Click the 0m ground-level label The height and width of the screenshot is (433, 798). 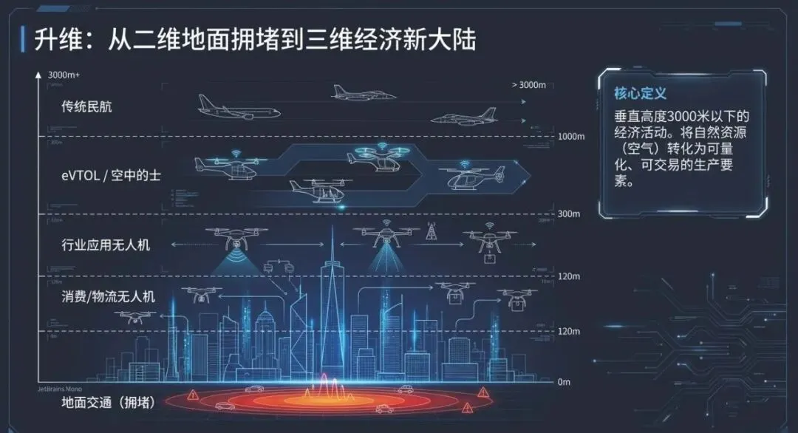click(x=564, y=382)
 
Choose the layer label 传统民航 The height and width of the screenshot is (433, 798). click(x=86, y=106)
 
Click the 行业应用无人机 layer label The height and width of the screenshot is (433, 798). click(x=106, y=244)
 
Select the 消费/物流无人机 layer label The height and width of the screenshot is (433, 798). click(x=108, y=296)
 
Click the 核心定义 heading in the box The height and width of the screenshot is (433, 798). click(x=640, y=94)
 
